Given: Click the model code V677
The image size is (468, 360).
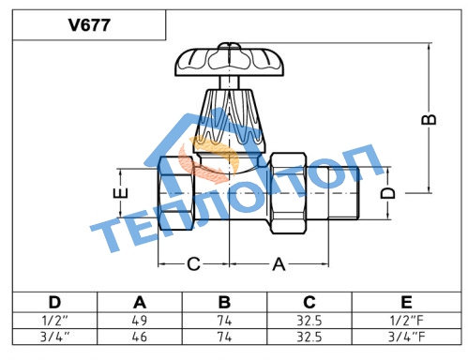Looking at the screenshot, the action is [x=89, y=25].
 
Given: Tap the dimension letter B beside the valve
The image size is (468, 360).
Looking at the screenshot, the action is [x=429, y=119].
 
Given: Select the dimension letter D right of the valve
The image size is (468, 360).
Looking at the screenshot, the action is [x=388, y=193].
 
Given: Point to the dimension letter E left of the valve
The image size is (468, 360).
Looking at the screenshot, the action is [x=120, y=193].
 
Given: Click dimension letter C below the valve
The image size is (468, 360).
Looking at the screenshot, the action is [x=193, y=264].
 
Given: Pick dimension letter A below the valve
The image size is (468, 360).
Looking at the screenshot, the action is [x=279, y=264].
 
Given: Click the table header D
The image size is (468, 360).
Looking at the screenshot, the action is [x=54, y=302].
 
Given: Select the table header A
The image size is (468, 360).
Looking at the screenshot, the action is [x=140, y=302].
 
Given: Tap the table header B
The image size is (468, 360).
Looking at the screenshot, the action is [x=224, y=302].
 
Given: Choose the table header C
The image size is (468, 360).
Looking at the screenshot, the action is [x=309, y=302].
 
